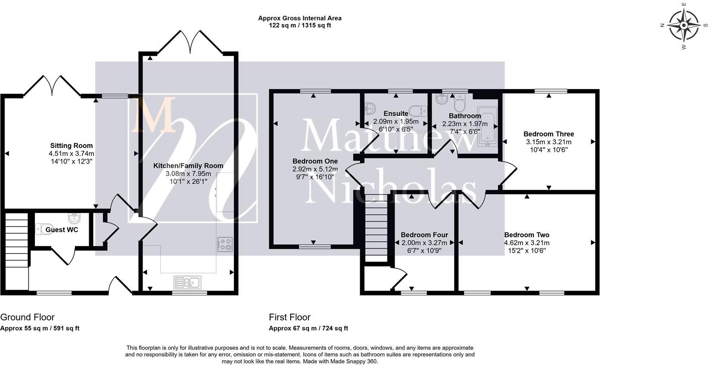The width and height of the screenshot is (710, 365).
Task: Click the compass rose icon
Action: click(684, 25)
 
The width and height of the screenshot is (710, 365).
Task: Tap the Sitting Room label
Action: click(72, 145)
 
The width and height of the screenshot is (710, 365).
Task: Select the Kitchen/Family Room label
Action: click(188, 165)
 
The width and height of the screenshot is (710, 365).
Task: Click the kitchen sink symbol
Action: click(187, 282)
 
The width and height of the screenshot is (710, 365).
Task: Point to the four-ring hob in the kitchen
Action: click(225, 244)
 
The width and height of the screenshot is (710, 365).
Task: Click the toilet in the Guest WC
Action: click(44, 228)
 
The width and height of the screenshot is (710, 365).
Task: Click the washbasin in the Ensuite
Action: click(369, 108)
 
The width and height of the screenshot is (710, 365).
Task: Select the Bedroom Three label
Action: click(548, 134)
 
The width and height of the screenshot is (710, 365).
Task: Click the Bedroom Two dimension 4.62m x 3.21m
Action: click(526, 243)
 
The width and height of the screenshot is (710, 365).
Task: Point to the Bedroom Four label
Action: click(424, 235)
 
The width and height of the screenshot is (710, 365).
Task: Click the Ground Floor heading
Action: click(27, 317)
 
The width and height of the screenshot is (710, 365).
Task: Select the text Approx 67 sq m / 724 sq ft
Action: click(308, 328)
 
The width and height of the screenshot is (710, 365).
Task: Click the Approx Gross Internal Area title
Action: click(299, 18)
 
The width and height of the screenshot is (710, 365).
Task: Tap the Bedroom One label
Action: click(315, 161)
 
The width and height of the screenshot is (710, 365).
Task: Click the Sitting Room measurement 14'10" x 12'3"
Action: click(72, 161)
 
